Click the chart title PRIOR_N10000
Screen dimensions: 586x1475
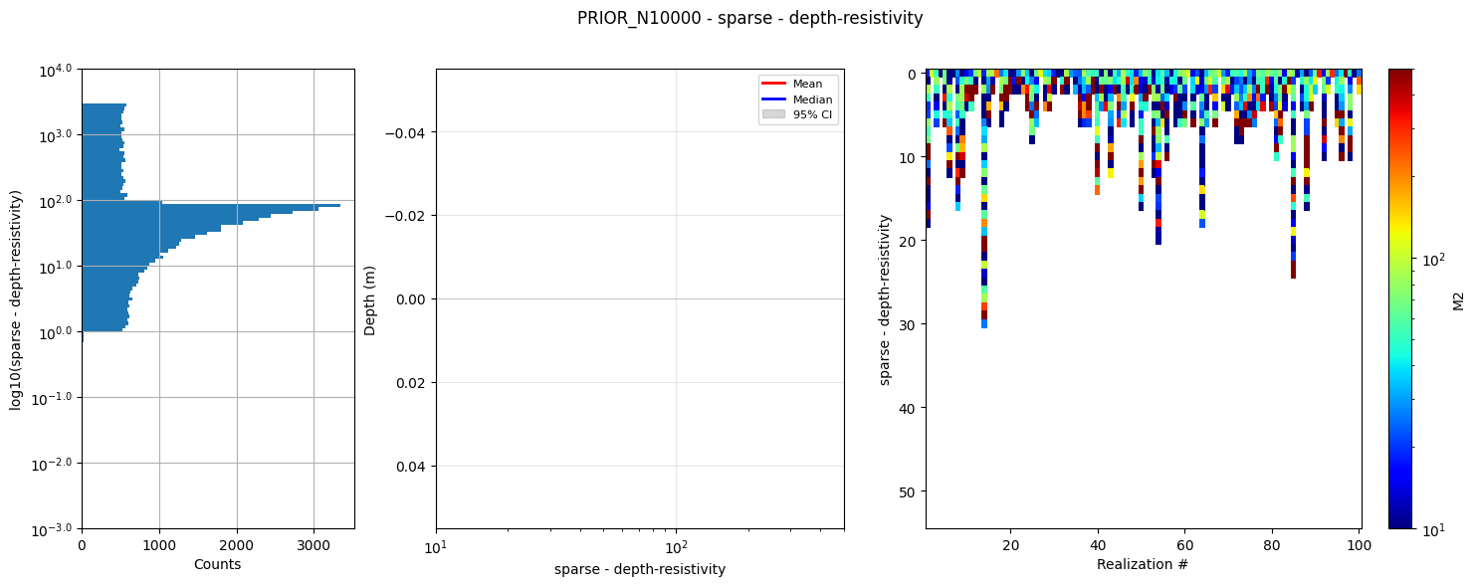click(749, 18)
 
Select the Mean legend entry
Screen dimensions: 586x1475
click(812, 84)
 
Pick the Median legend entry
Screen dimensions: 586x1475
click(812, 99)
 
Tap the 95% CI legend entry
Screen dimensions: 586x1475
click(812, 115)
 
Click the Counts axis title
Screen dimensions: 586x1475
click(217, 564)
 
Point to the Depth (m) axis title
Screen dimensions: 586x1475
click(370, 299)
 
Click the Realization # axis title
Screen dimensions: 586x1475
click(1143, 564)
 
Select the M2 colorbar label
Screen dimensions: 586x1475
click(1459, 299)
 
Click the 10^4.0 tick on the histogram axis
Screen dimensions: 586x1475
click(56, 70)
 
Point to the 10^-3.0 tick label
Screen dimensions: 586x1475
click(54, 529)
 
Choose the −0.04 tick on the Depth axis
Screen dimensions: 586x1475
click(406, 133)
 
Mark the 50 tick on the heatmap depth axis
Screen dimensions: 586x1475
click(908, 491)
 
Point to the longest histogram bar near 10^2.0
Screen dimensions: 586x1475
click(249, 205)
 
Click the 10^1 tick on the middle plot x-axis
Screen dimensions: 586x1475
click(436, 546)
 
